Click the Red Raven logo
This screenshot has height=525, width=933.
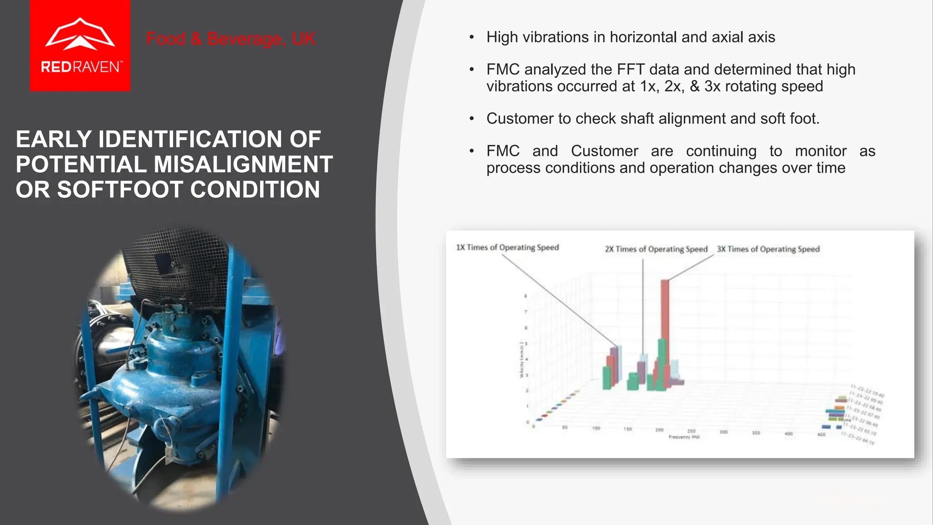point(80,46)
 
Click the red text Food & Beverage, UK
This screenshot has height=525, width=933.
point(231,39)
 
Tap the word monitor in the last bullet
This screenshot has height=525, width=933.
point(820,151)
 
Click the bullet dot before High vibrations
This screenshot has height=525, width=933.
point(472,37)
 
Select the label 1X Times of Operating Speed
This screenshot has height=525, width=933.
point(507,247)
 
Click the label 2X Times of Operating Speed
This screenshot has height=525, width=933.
point(656,249)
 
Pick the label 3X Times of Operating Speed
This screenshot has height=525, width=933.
point(768,249)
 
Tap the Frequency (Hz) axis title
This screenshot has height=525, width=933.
point(684,437)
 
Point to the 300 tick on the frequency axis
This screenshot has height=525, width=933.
point(723,432)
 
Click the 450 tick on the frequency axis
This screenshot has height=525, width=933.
point(821,435)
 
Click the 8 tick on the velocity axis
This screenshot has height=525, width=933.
point(526,296)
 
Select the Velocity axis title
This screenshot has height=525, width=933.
point(521,360)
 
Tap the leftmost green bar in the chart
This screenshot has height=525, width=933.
point(606,378)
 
